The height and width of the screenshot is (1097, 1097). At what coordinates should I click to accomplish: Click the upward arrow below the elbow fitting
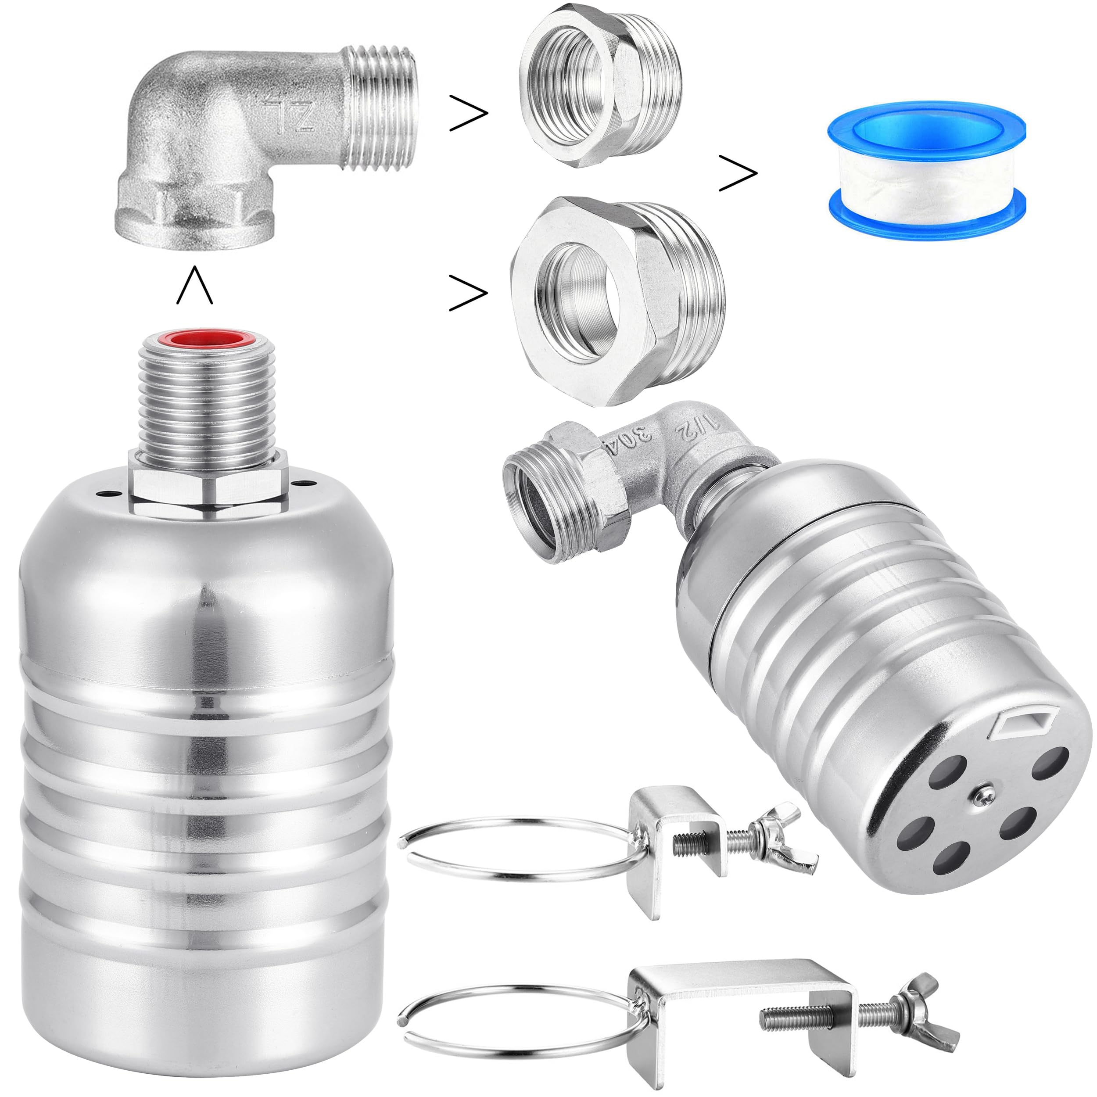pos(195,285)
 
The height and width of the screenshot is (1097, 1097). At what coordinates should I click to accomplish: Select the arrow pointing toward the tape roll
pos(738,172)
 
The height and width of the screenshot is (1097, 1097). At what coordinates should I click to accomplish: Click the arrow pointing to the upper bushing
pos(469,114)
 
